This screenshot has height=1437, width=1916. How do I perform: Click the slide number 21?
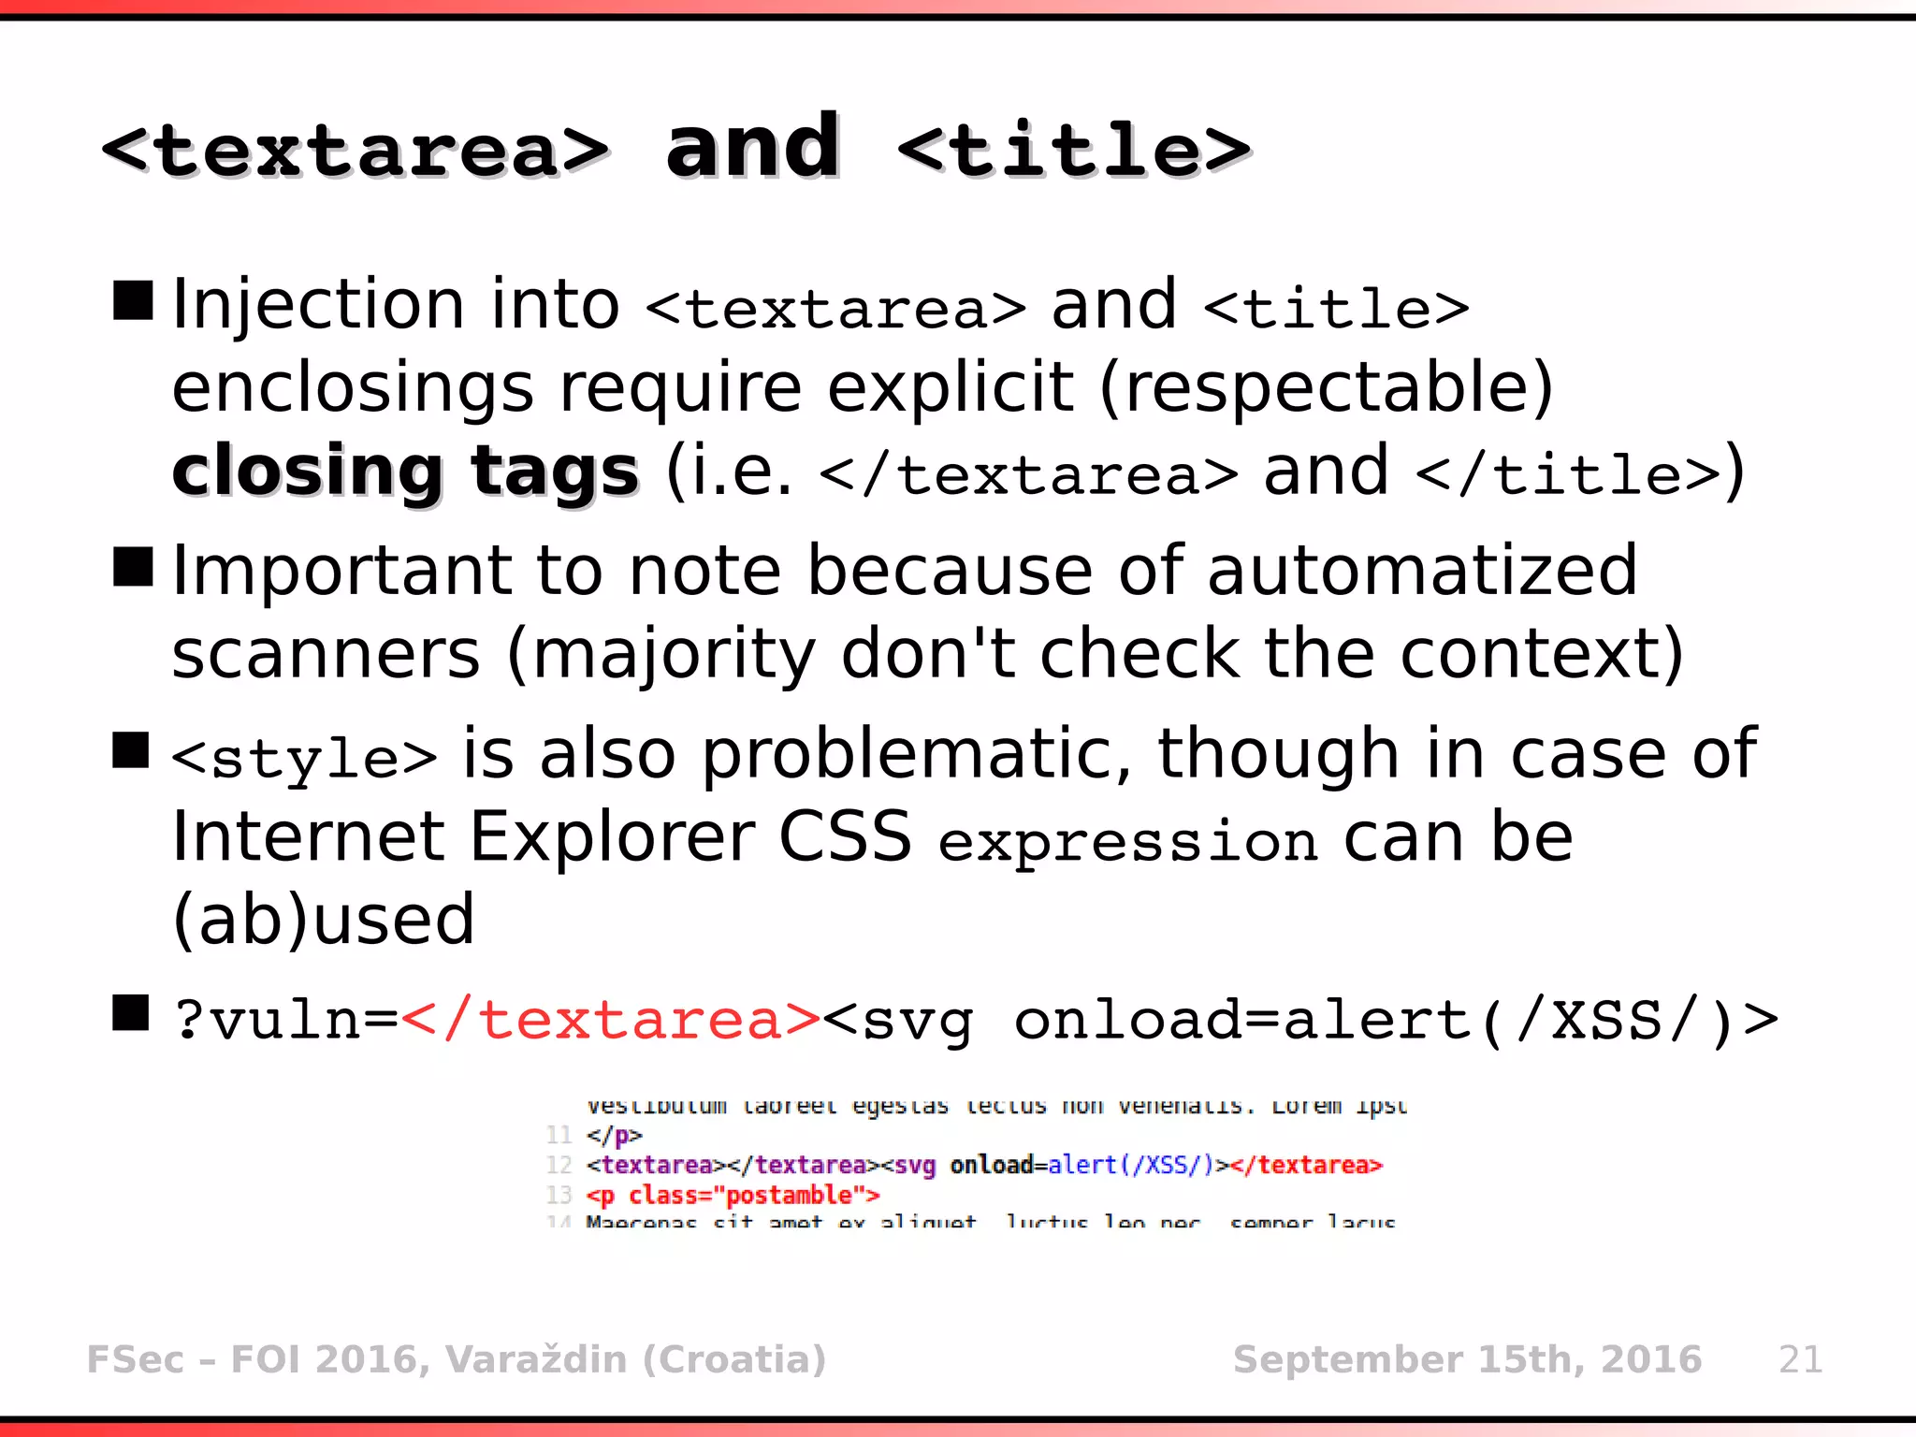pyautogui.click(x=1800, y=1359)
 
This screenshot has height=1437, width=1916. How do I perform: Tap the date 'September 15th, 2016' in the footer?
pyautogui.click(x=1467, y=1359)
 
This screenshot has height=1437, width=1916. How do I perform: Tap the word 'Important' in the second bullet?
pyautogui.click(x=342, y=571)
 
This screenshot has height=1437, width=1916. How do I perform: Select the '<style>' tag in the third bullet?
pyautogui.click(x=305, y=758)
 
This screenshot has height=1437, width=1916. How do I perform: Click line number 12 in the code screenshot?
pyautogui.click(x=559, y=1165)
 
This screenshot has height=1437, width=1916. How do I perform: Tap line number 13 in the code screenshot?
pyautogui.click(x=559, y=1195)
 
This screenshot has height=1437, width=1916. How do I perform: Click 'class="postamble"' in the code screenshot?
pyautogui.click(x=741, y=1196)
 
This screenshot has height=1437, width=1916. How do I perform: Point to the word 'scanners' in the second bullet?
pyautogui.click(x=326, y=654)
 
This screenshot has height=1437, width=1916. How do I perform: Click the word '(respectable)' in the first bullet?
pyautogui.click(x=1327, y=387)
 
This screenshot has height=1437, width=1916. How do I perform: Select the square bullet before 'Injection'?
pyautogui.click(x=133, y=300)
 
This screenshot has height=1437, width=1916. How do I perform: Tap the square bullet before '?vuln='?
pyautogui.click(x=131, y=1012)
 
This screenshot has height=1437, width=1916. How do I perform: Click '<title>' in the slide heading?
pyautogui.click(x=1074, y=150)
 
